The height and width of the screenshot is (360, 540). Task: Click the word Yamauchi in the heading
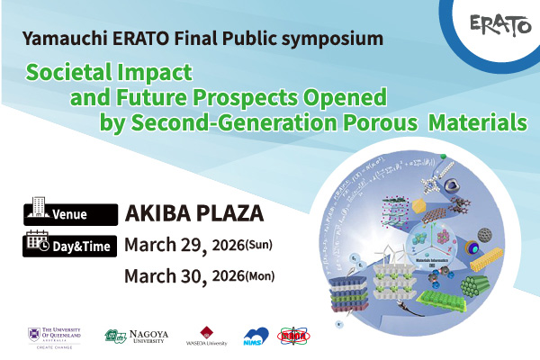click(60, 40)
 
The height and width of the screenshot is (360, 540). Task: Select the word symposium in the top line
click(337, 40)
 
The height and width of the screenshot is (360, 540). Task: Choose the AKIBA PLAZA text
click(193, 213)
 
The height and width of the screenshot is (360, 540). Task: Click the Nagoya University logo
click(136, 337)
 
